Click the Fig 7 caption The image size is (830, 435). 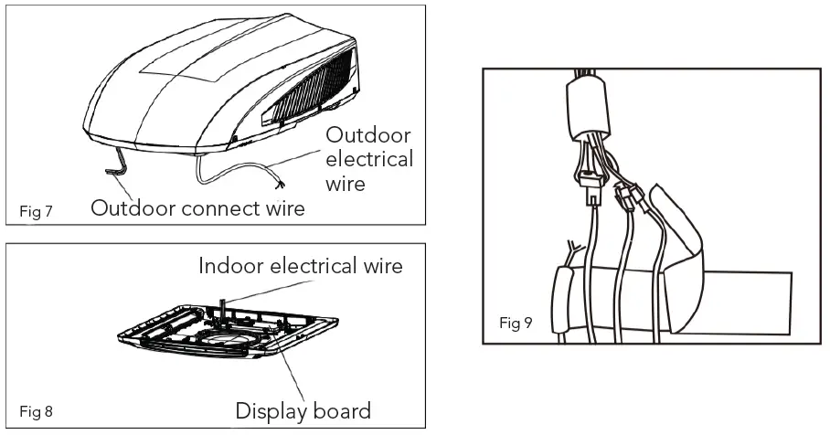point(36,212)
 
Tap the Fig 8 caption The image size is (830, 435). point(36,410)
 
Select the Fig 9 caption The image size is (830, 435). point(516,324)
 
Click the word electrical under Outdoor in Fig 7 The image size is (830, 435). point(369,159)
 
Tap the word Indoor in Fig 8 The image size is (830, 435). point(232,266)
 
